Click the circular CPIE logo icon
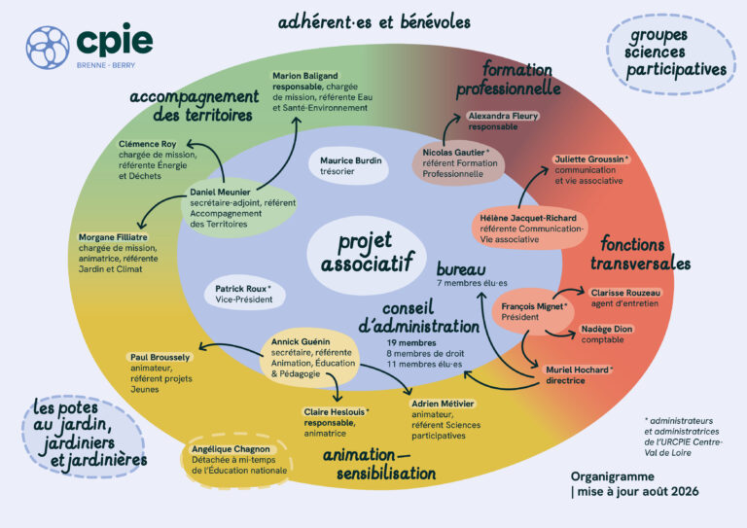click(48, 48)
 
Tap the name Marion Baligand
click(304, 76)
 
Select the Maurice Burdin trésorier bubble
click(348, 166)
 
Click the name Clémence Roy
click(147, 144)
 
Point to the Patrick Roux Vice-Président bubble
click(244, 294)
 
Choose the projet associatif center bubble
click(366, 253)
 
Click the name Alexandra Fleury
click(503, 116)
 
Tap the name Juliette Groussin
click(588, 159)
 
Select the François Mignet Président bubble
click(533, 311)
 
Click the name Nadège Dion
click(607, 329)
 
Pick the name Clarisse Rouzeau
click(625, 293)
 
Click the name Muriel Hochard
click(577, 370)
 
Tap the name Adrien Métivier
click(443, 404)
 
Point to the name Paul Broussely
click(160, 357)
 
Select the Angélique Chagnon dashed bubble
click(235, 460)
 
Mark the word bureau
click(461, 269)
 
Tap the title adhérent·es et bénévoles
click(373, 22)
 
